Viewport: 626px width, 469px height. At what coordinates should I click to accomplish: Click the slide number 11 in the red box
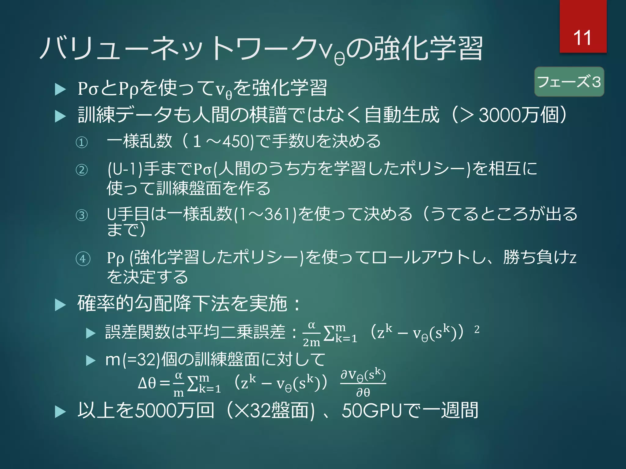(582, 38)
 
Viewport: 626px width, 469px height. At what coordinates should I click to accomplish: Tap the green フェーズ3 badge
(569, 82)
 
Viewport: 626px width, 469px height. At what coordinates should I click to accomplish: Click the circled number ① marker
(82, 142)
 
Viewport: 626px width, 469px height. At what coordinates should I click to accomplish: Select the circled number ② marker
(82, 170)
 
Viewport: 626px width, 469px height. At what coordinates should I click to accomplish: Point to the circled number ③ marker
(82, 215)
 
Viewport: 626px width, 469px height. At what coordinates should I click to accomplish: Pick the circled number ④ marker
(83, 259)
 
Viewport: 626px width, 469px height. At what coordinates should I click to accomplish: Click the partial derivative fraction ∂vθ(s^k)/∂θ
(363, 383)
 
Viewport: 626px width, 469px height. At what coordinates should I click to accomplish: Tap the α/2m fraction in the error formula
(311, 334)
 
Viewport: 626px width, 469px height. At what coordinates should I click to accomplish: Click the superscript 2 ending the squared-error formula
(477, 329)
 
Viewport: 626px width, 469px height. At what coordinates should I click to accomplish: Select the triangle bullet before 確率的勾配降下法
(60, 305)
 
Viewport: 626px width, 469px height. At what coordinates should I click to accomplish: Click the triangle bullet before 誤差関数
(91, 333)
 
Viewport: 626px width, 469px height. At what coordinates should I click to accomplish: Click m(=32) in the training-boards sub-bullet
(132, 359)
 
